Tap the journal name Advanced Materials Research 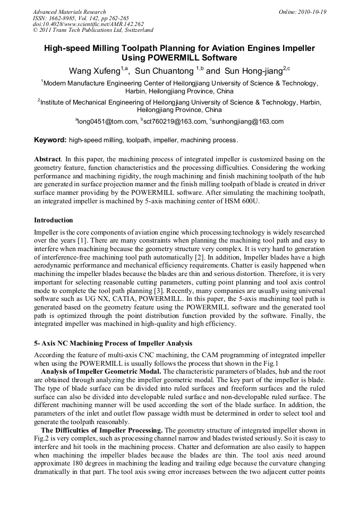70,12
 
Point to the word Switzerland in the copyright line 139,30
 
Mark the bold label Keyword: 50,141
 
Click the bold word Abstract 47,159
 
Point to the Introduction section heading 54,220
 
